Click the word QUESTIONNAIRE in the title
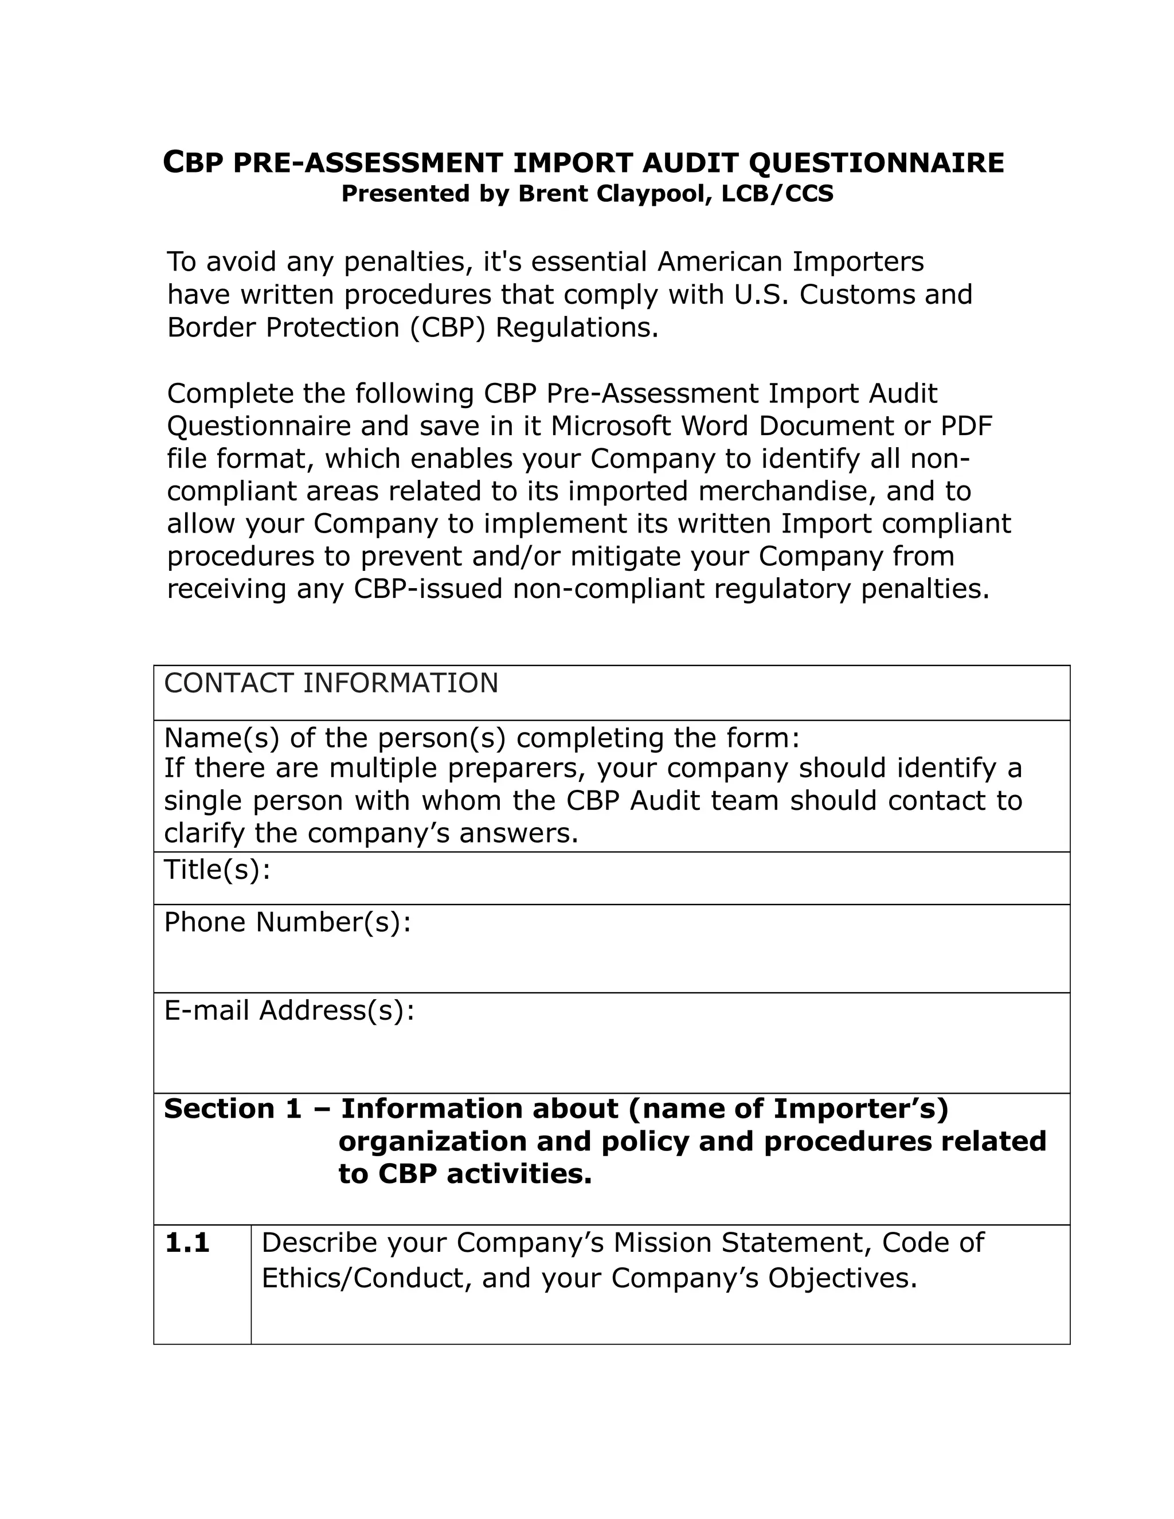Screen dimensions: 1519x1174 click(x=876, y=163)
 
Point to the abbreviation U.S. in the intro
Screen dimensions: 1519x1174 click(x=761, y=295)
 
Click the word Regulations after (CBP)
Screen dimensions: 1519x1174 click(x=576, y=327)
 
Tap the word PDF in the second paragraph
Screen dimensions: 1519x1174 click(x=966, y=426)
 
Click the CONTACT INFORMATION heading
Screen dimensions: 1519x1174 click(x=331, y=683)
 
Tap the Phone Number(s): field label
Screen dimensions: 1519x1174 click(x=287, y=923)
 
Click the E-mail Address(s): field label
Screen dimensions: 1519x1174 click(x=289, y=1011)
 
